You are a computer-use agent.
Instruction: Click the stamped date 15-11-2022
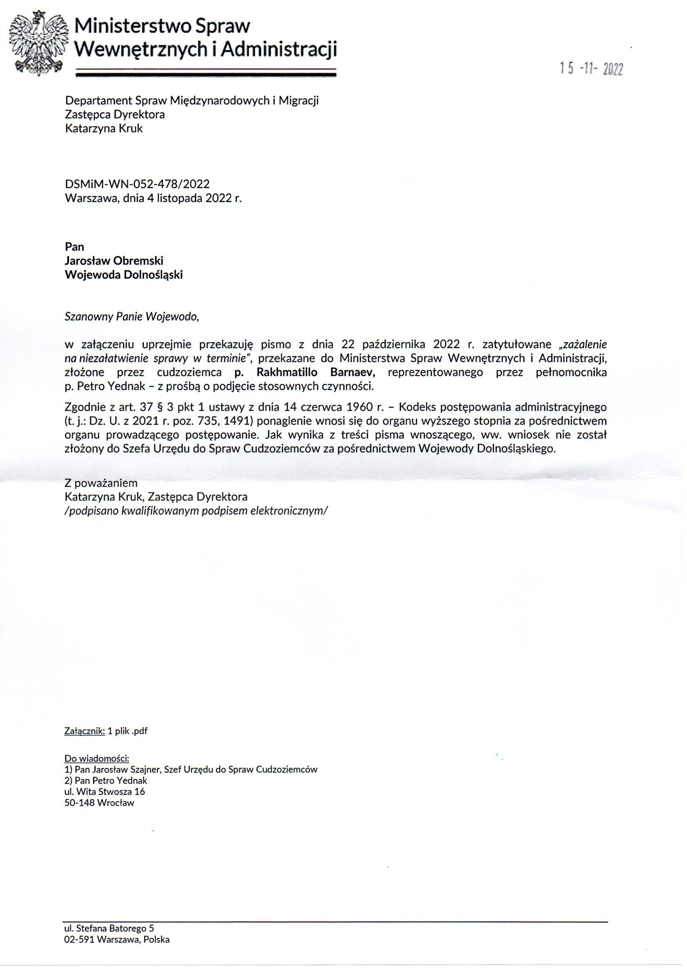coord(591,68)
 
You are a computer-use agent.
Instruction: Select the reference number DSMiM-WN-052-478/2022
coord(137,184)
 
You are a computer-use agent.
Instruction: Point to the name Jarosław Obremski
coord(114,260)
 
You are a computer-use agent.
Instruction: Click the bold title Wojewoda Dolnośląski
coord(123,275)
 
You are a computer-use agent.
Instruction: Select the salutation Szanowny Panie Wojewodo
coord(132,317)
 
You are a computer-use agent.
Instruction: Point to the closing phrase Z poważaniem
coord(101,483)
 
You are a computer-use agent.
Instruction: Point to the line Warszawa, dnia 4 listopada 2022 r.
coord(153,199)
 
